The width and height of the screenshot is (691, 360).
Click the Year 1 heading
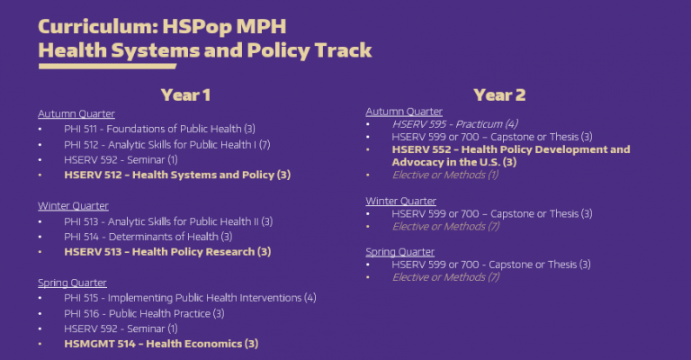(x=186, y=94)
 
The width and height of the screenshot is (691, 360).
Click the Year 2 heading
(x=499, y=94)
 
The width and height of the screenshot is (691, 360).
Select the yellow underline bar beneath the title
(x=107, y=66)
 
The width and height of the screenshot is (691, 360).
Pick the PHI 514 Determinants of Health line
(x=141, y=237)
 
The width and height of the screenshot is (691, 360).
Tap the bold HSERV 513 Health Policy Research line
(x=167, y=252)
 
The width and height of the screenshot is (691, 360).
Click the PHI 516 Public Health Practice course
(x=144, y=313)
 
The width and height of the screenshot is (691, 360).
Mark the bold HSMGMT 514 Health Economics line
(x=161, y=344)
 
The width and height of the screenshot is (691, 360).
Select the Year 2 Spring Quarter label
(x=399, y=252)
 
